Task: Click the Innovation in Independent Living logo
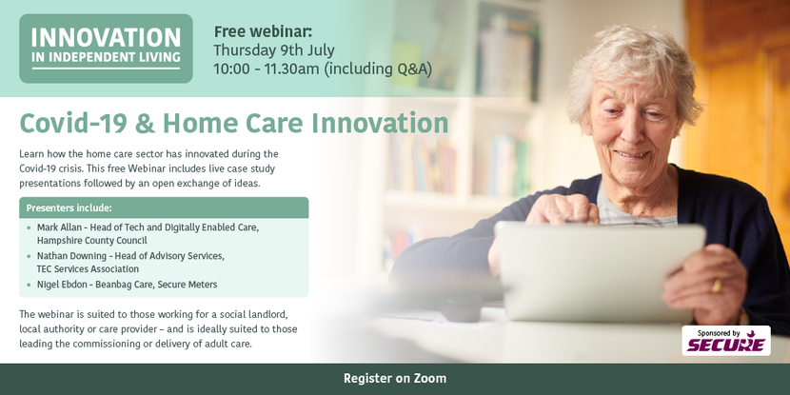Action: click(106, 49)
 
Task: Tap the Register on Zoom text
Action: click(395, 379)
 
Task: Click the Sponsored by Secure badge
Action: click(726, 341)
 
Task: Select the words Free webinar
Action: click(263, 31)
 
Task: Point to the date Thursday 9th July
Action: click(274, 50)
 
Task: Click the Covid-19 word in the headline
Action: click(73, 124)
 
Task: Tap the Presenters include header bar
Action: click(164, 207)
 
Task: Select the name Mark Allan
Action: click(56, 227)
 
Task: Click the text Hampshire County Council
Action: click(91, 241)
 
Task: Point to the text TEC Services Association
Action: click(88, 269)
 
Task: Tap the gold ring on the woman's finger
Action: click(716, 286)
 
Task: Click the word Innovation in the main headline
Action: click(380, 124)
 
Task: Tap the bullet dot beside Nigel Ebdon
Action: click(29, 285)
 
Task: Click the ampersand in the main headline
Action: click(145, 124)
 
